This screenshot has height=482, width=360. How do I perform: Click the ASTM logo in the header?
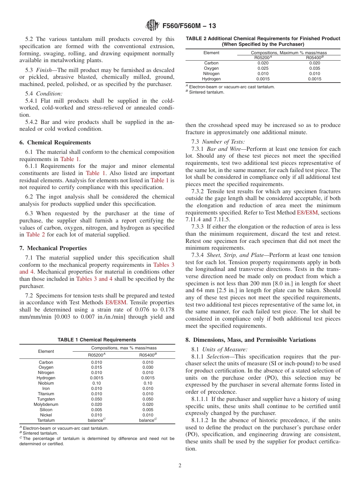(x=152, y=26)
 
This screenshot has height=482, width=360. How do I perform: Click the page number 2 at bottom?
(x=180, y=466)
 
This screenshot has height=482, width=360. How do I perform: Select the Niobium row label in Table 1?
(x=46, y=383)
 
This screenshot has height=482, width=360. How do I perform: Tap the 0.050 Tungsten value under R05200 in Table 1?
(x=97, y=399)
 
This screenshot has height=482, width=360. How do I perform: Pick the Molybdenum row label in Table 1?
(x=46, y=404)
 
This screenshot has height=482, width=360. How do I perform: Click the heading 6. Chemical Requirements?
(x=55, y=142)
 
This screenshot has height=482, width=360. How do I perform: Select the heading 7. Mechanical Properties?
(x=53, y=248)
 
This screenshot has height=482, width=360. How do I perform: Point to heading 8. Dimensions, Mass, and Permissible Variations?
(x=250, y=340)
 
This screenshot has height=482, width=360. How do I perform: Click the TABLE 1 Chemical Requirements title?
(x=97, y=340)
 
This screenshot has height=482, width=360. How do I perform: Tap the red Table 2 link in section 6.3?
(x=36, y=235)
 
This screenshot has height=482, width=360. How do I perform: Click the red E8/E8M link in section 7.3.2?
(x=307, y=213)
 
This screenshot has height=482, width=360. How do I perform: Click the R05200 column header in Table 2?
(x=263, y=58)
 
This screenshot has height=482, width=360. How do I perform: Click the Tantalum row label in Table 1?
(x=46, y=420)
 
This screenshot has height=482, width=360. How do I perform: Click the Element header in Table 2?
(x=211, y=53)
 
